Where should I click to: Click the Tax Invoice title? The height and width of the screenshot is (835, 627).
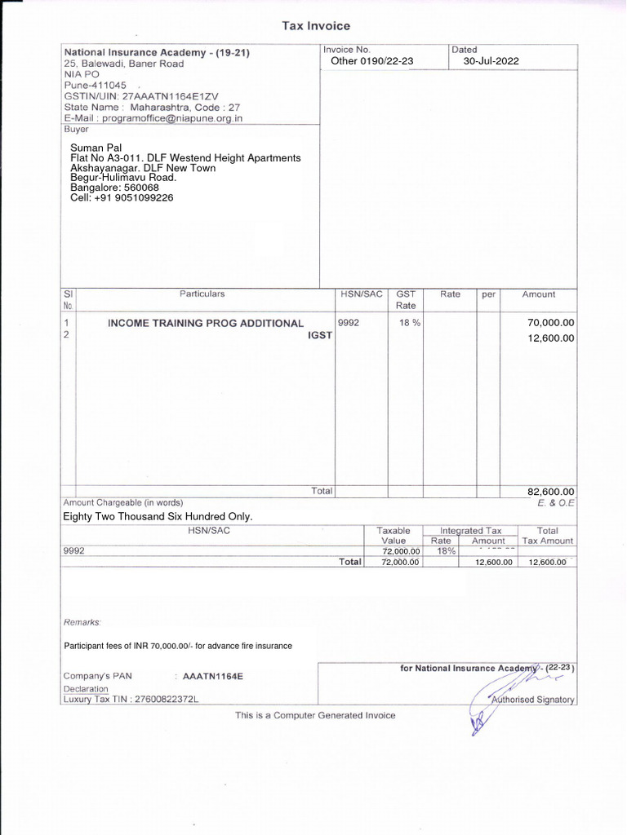click(316, 26)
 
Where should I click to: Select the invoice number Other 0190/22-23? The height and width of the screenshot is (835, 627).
click(372, 61)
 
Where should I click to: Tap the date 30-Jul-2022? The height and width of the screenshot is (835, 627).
click(491, 61)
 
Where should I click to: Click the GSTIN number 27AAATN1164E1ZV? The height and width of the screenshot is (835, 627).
click(171, 95)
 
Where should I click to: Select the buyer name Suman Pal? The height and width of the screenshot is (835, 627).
click(96, 148)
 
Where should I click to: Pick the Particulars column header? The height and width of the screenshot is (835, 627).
click(202, 294)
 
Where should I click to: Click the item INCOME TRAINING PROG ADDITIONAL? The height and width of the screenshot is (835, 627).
click(206, 324)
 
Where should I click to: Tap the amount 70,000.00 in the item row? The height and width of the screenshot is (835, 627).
click(551, 323)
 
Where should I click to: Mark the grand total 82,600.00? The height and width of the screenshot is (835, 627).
click(551, 491)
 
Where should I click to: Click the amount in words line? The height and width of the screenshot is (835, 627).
click(158, 516)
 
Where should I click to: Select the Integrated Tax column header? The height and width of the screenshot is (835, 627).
click(470, 531)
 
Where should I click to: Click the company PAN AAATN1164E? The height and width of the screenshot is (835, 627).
click(213, 676)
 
